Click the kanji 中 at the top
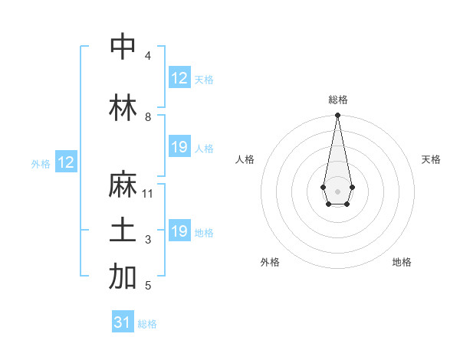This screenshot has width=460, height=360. point(123,47)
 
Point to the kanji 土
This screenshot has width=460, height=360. point(123,232)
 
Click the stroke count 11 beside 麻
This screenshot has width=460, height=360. point(148,194)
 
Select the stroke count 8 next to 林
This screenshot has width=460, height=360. point(148,117)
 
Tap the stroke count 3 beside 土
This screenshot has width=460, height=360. point(148,240)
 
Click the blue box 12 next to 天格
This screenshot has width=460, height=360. point(179,78)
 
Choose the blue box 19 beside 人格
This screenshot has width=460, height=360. point(179,147)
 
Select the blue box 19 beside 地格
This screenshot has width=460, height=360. point(179,231)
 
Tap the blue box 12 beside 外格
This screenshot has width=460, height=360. point(66,162)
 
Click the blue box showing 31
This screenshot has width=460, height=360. point(123,322)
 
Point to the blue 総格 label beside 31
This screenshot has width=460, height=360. point(147,324)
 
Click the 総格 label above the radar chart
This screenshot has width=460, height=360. point(338,100)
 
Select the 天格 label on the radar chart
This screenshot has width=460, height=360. point(431,159)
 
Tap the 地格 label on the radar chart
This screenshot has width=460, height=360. point(402,262)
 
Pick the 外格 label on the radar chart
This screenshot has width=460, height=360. point(270,262)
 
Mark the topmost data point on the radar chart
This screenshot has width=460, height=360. point(337,116)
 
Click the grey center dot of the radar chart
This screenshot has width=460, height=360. point(337,190)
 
